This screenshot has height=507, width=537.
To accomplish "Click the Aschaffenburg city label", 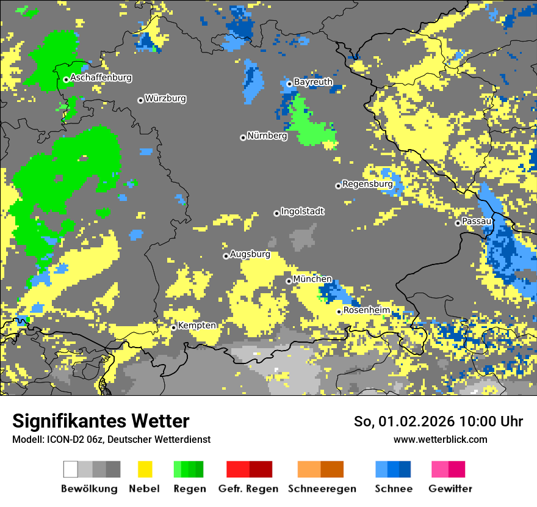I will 101,78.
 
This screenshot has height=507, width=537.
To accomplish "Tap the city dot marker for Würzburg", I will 140,100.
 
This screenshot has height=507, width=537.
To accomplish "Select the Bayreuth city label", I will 313,82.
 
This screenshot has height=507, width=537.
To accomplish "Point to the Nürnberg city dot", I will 243,137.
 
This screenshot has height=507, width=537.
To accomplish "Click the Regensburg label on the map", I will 367,184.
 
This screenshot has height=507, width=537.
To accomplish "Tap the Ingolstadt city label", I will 302,211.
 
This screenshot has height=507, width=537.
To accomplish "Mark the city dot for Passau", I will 458,223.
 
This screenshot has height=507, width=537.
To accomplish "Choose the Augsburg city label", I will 250,255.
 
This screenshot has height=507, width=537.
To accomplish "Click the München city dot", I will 289,281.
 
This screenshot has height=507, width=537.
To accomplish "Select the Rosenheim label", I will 366,310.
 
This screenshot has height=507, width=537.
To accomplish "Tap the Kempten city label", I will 196,326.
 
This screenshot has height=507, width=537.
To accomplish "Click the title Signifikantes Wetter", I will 101,421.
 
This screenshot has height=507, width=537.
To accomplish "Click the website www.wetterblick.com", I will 440,440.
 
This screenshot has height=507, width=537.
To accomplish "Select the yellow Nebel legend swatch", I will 145,469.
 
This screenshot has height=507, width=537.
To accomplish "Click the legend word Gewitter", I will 450,489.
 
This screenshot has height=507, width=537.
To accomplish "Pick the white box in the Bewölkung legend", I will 71,469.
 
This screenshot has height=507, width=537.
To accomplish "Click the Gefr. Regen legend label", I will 248,489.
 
